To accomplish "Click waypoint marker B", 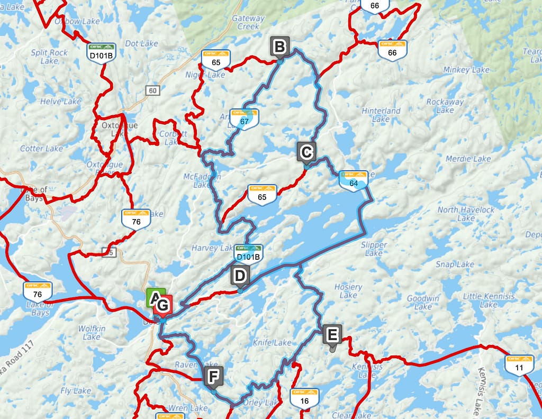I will click(279, 47).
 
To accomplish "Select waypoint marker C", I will click(306, 152).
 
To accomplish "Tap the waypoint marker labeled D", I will click(240, 276).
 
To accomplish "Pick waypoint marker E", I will click(332, 334).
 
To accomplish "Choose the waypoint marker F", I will click(213, 377).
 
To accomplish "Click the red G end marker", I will click(163, 306).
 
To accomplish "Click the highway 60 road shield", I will click(152, 91).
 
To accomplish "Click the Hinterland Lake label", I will click(381, 115).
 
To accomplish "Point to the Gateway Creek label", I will click(248, 22).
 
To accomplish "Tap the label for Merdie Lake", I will click(468, 159).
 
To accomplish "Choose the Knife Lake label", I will click(272, 342).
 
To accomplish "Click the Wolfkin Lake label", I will click(92, 333).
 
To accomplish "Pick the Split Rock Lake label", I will click(49, 57).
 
